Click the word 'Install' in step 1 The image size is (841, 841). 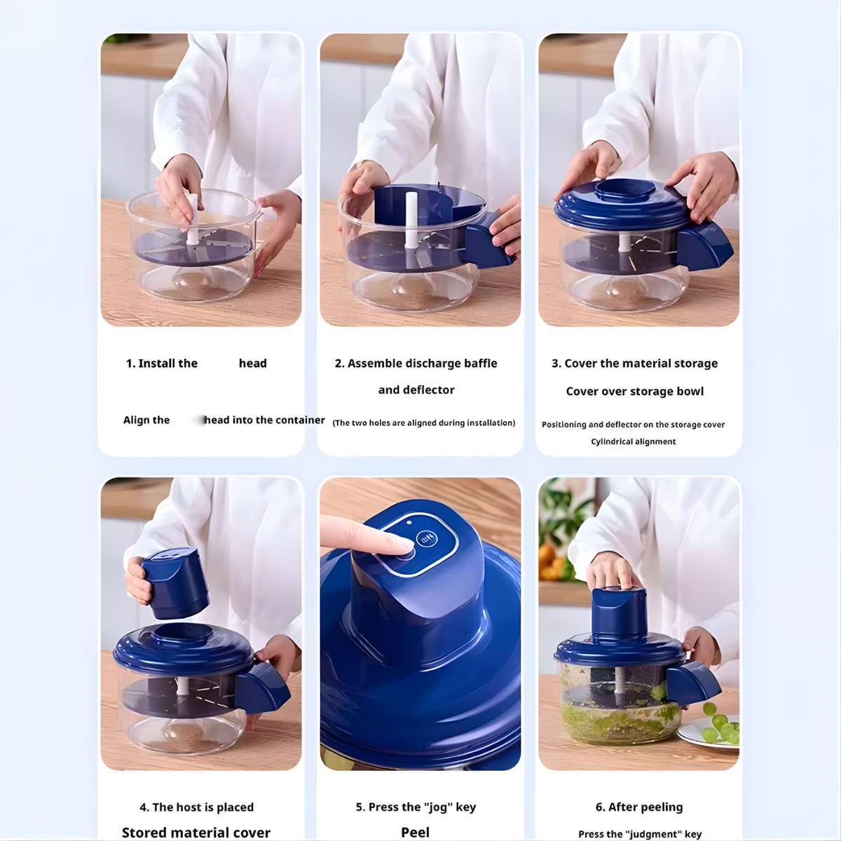coord(156,363)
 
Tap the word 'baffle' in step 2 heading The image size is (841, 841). coord(480,363)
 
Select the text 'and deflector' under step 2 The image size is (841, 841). coord(416,390)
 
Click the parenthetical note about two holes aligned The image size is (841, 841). coord(423,423)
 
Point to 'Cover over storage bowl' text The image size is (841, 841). coord(634,391)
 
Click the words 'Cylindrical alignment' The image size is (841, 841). coord(633,442)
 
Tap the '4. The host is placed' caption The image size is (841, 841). coord(196,807)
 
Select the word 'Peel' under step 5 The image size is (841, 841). coord(415,832)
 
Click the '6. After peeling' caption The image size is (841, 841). coord(638,807)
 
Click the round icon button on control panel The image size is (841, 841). coord(427,539)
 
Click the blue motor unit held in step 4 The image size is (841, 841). coord(175,583)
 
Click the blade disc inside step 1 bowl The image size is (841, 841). coord(192,247)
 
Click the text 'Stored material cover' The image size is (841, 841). coord(196,832)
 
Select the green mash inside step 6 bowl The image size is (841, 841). coord(617,722)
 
